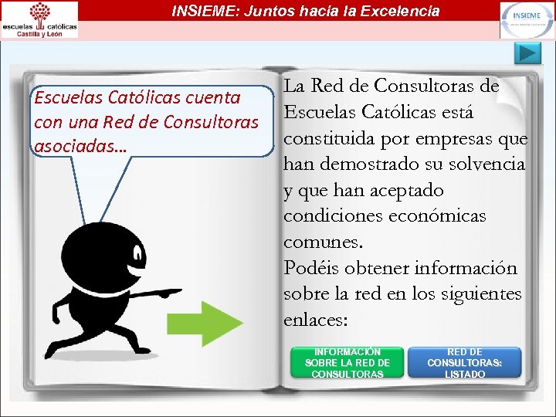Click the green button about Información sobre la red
347,362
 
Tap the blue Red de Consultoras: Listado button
465,362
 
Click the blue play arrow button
528,54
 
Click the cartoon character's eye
138,253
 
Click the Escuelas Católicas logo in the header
39,19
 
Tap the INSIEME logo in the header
526,19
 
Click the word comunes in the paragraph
321,242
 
